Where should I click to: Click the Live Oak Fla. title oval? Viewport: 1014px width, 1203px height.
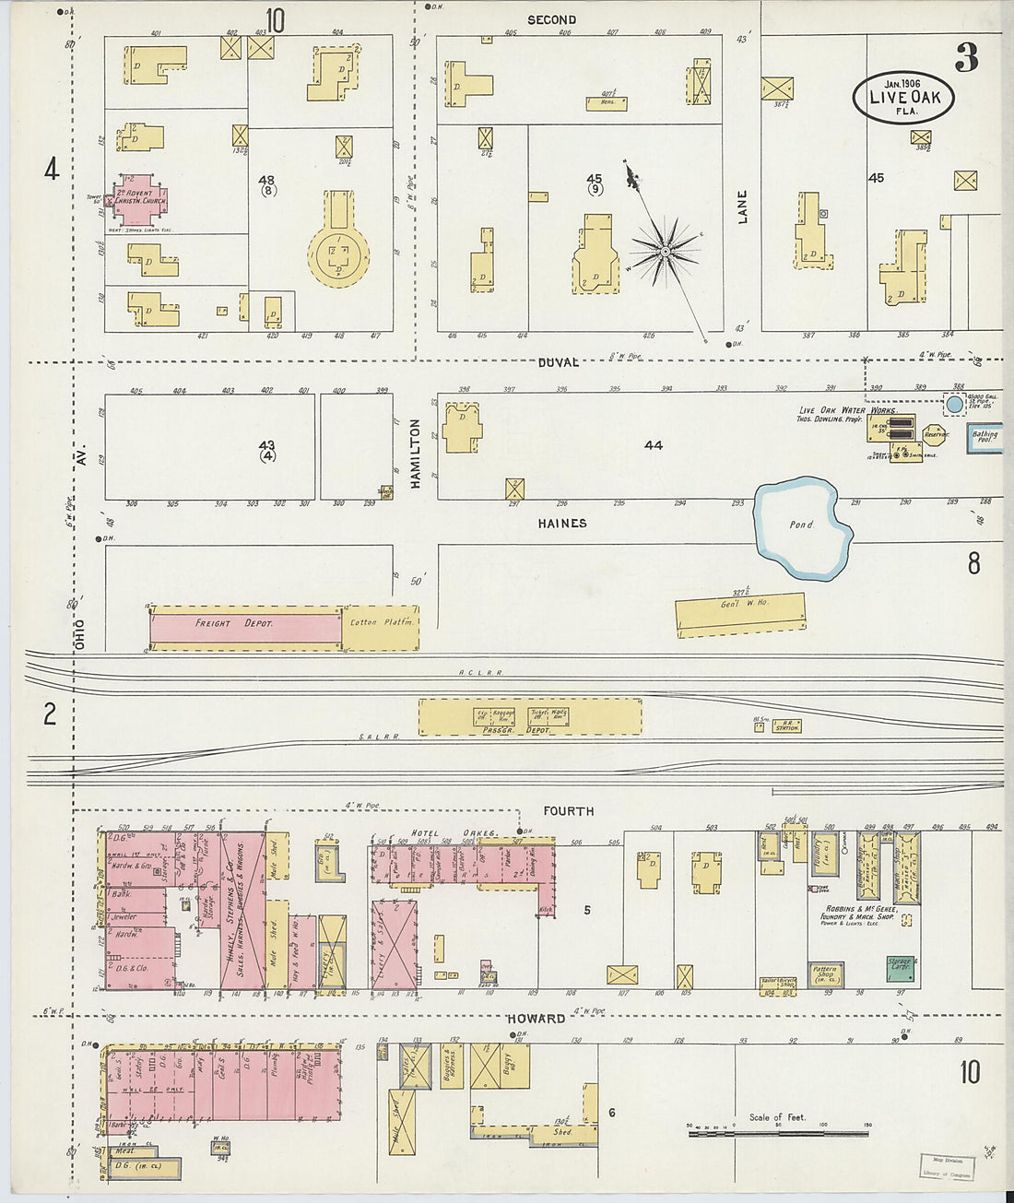902,97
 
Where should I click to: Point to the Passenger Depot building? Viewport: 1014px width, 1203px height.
530,717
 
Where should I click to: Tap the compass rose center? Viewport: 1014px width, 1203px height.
665,250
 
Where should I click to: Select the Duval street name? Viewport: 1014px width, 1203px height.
559,362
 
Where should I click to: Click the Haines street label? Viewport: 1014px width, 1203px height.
561,523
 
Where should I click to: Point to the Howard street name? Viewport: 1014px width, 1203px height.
536,1019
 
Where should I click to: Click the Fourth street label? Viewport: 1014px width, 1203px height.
568,811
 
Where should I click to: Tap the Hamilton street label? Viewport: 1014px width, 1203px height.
415,454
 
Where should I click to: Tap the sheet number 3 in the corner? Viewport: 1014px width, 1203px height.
966,57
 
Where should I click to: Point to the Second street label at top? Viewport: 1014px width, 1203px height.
551,19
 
